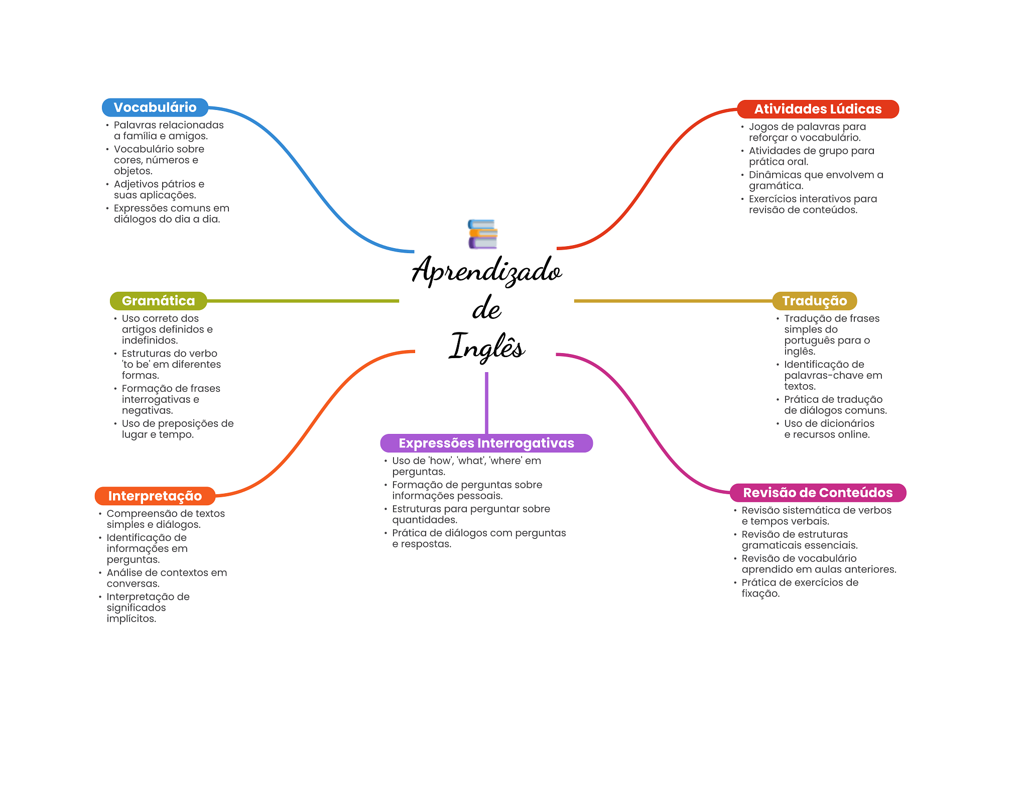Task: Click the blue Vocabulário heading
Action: coord(155,107)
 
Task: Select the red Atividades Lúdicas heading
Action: coord(817,109)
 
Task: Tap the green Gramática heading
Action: coord(158,301)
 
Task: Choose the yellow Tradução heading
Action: coord(814,301)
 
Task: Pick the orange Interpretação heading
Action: coord(155,496)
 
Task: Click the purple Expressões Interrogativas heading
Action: coord(486,443)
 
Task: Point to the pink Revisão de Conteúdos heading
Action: coord(817,493)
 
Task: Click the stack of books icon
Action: coord(482,234)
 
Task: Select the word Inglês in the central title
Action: coord(486,347)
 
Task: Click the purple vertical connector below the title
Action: coord(486,402)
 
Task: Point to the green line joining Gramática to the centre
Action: coord(301,301)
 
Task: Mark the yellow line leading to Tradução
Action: coord(673,301)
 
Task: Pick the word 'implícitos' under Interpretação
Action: coord(131,619)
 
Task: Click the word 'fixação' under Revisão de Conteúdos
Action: coord(760,594)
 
